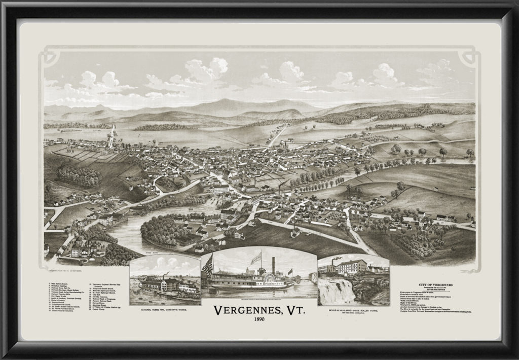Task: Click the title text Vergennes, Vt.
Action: pos(259,310)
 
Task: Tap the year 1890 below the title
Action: pos(259,321)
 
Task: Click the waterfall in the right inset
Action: pos(335,291)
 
